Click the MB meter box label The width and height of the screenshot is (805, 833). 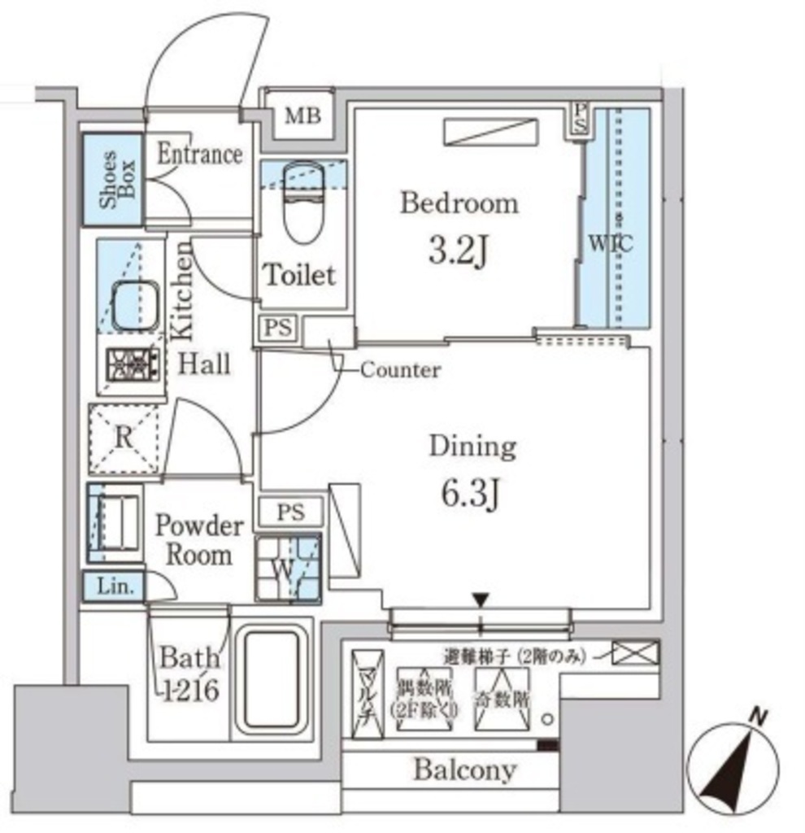302,116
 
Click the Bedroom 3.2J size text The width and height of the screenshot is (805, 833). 458,254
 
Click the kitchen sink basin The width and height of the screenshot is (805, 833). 134,306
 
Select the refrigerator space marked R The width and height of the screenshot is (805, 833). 124,438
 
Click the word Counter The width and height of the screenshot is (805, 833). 400,371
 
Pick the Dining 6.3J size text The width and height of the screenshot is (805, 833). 472,494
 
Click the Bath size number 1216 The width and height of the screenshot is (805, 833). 189,690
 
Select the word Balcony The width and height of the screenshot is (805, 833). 464,770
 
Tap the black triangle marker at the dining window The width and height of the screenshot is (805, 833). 481,600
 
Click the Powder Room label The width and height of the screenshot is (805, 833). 199,540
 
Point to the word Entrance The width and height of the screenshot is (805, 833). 199,154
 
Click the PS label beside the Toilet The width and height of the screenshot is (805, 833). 276,328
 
